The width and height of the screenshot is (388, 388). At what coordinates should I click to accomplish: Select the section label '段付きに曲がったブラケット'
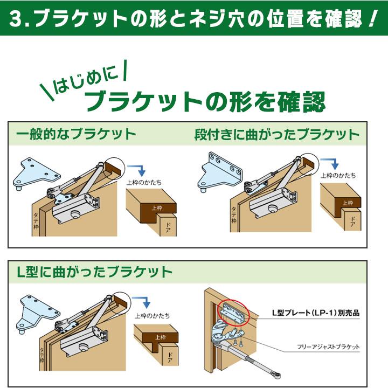[276, 134]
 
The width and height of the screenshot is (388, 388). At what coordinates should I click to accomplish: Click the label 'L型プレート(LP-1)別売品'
[315, 313]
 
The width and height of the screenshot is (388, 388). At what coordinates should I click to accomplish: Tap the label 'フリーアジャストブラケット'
[327, 347]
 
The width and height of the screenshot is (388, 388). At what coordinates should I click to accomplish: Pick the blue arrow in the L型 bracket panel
[142, 302]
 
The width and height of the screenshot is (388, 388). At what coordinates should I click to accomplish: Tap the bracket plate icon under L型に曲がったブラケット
[37, 313]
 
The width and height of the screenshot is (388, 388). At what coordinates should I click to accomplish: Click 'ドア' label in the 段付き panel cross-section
[352, 220]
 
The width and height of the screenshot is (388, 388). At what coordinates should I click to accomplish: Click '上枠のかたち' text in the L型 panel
[152, 316]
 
